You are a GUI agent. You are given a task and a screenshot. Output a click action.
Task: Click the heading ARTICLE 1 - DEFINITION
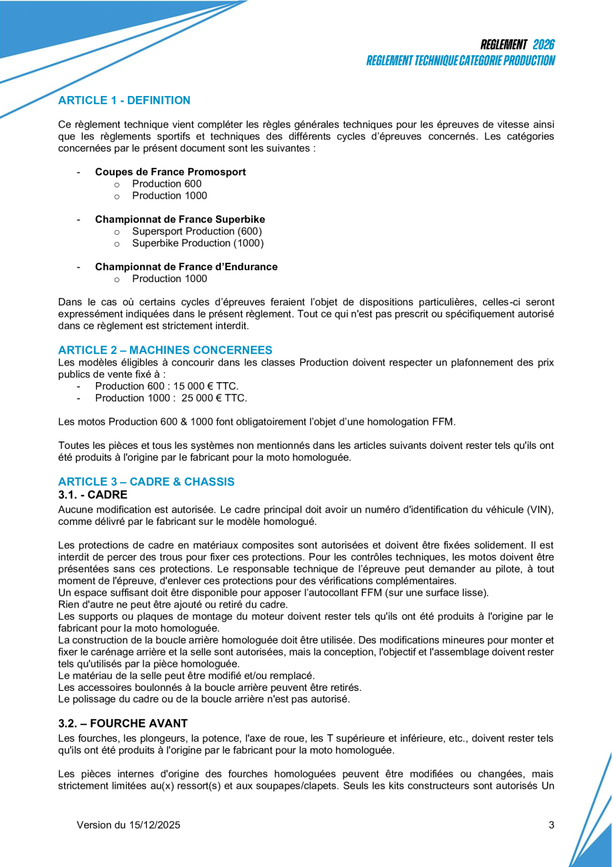tap(124, 101)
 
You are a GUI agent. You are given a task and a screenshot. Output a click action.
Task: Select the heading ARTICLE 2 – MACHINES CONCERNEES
tap(165, 350)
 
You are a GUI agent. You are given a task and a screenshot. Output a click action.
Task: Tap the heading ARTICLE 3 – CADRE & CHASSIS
tap(146, 482)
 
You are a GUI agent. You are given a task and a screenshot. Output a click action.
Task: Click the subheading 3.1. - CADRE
tap(92, 495)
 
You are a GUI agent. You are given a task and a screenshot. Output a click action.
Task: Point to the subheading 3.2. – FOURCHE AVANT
tap(123, 723)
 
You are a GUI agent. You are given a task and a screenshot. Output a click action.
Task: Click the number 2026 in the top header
tap(544, 45)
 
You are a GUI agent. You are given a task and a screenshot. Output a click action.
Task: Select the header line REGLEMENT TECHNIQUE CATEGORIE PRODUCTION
tap(460, 61)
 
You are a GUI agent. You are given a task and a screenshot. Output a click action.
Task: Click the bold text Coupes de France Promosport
tap(170, 172)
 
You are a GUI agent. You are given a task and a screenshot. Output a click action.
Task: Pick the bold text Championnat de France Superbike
tap(179, 219)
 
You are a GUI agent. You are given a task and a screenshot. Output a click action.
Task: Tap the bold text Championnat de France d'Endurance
tap(186, 267)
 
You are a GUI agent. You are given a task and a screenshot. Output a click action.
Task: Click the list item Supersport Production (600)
tap(197, 231)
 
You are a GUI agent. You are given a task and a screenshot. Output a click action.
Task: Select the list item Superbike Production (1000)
tap(197, 243)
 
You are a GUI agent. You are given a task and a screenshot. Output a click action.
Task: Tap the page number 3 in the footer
tap(551, 825)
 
